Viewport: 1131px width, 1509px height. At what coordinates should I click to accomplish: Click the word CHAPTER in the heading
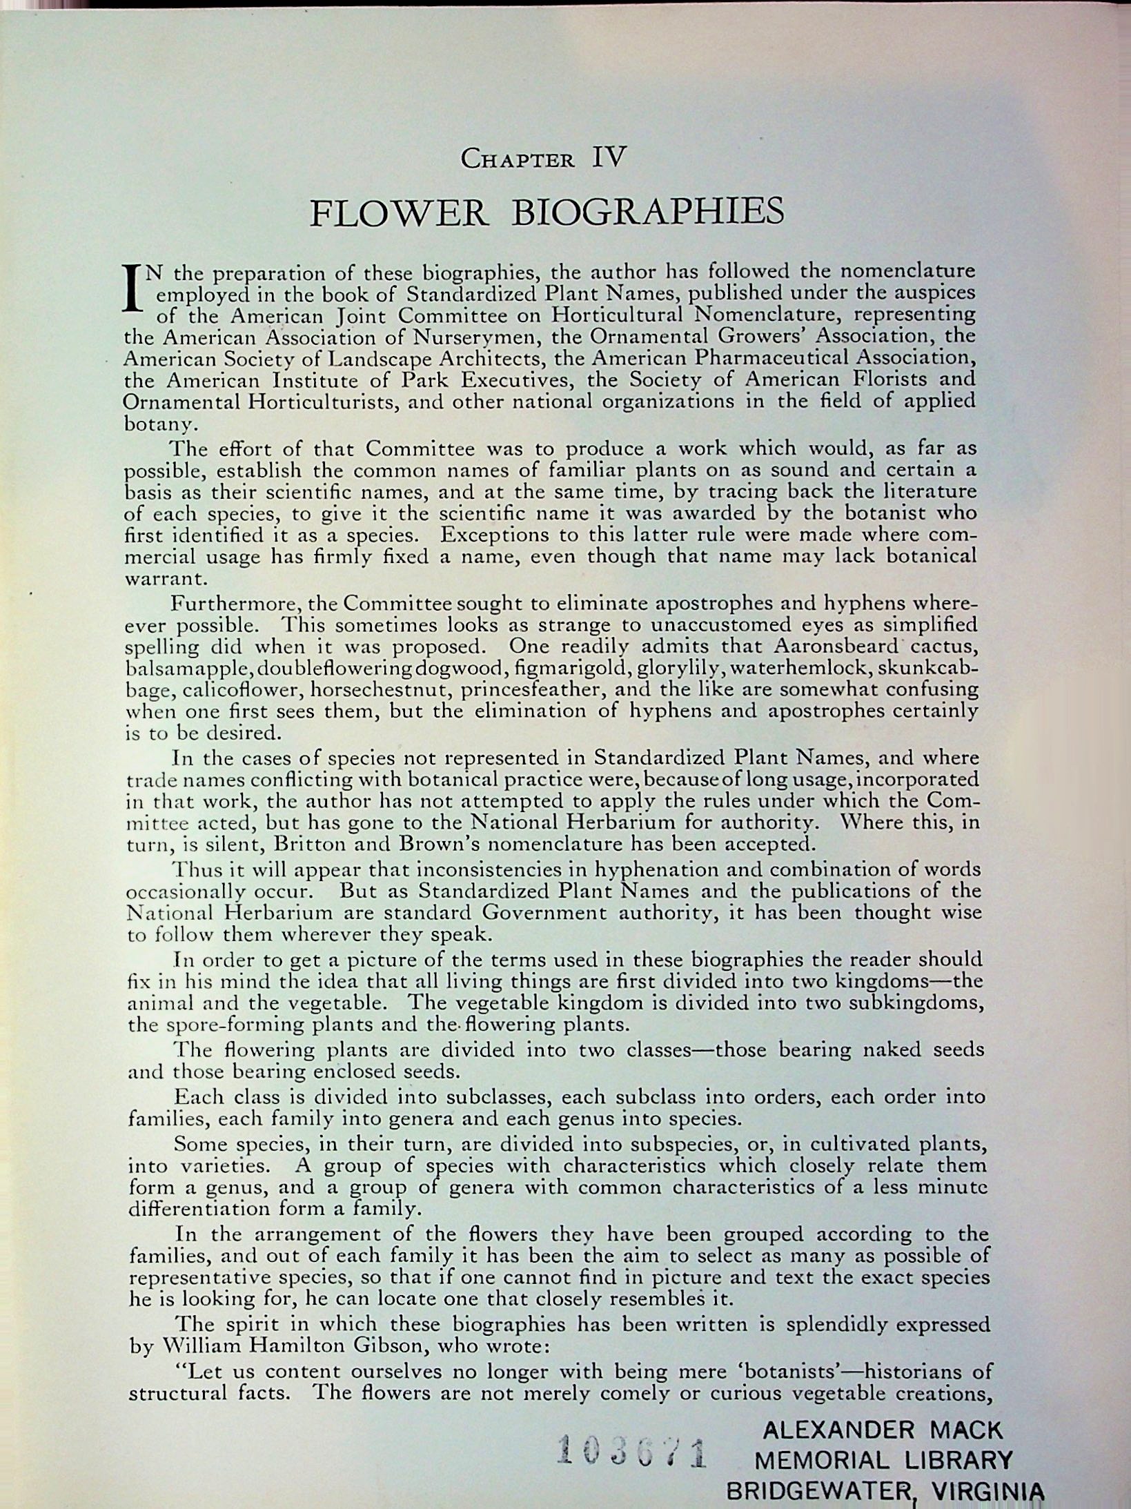point(518,160)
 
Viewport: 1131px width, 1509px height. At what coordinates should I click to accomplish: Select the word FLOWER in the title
point(400,213)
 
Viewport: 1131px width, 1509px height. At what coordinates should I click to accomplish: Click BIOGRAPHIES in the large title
point(647,213)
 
